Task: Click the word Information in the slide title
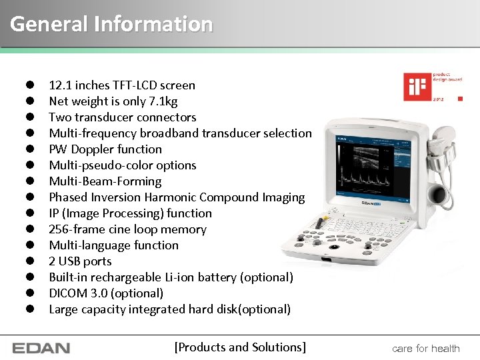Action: (153, 24)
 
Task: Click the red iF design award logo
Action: (414, 87)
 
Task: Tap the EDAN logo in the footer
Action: (41, 348)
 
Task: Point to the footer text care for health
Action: (426, 348)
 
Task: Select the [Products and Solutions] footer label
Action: (240, 347)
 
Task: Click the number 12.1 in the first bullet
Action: (61, 85)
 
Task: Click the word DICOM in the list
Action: (69, 293)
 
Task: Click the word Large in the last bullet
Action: (64, 309)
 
